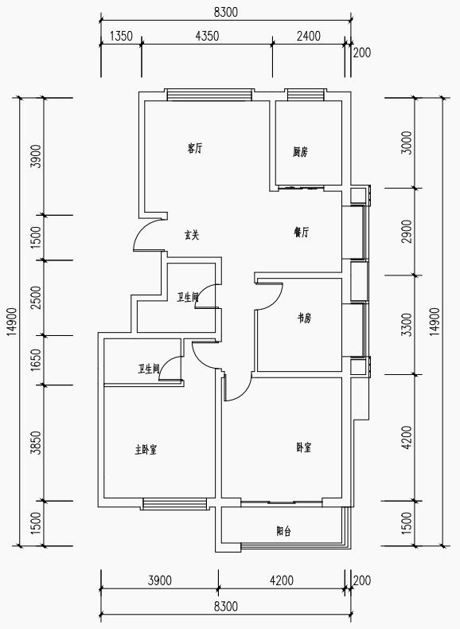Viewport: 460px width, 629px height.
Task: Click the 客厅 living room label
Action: click(x=195, y=149)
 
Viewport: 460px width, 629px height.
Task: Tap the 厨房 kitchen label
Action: click(x=300, y=152)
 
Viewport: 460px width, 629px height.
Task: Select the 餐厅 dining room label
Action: click(x=302, y=232)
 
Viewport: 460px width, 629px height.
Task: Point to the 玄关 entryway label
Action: click(x=192, y=235)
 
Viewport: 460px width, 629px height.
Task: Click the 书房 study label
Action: click(x=304, y=318)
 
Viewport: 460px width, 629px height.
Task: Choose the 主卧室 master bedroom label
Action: click(x=146, y=450)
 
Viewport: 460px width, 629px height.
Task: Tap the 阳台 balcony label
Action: click(x=283, y=532)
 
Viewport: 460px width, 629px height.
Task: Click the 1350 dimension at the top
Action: click(x=121, y=36)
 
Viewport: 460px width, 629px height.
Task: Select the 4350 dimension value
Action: click(x=208, y=36)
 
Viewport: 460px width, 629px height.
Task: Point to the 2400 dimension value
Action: click(x=309, y=36)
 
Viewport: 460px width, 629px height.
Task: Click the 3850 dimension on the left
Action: click(x=37, y=443)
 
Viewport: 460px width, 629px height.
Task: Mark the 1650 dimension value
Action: click(x=37, y=360)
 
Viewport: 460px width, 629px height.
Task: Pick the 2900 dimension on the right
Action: click(x=407, y=231)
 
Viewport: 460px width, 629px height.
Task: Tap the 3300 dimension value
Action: click(x=407, y=325)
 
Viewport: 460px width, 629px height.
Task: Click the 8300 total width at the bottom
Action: click(x=226, y=606)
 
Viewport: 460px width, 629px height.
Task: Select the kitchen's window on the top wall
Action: click(x=305, y=95)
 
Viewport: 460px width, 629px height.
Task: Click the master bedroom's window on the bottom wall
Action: click(x=173, y=504)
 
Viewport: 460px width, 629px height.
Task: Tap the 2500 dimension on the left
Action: click(x=37, y=298)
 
